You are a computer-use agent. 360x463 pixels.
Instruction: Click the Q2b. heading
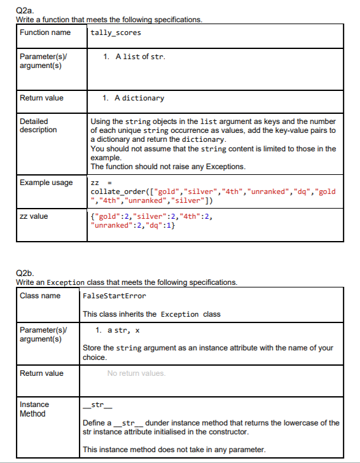(x=24, y=274)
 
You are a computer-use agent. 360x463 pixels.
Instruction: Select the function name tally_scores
(x=116, y=32)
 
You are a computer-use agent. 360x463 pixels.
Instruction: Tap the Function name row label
(x=45, y=32)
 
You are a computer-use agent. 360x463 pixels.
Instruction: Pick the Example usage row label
(x=46, y=183)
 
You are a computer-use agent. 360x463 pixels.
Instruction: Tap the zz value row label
(x=34, y=216)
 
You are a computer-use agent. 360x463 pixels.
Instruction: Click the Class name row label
(x=40, y=296)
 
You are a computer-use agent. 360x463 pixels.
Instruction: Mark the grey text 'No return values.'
(x=136, y=373)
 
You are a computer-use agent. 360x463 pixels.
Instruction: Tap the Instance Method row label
(x=34, y=409)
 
